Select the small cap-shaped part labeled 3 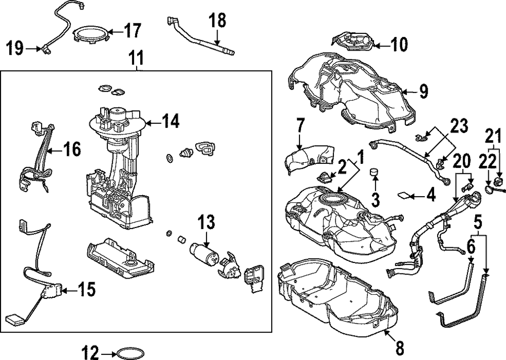tap(375, 173)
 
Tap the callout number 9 tap(424, 91)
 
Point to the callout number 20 tap(461, 161)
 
